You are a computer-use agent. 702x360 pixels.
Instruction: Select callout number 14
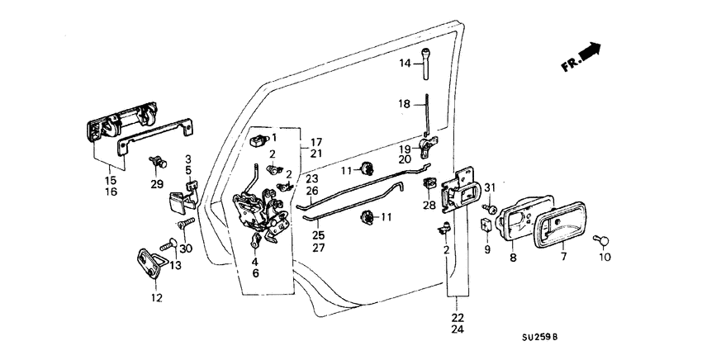click(406, 64)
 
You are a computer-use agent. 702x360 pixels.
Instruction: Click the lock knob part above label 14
click(426, 64)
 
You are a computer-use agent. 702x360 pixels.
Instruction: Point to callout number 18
click(406, 104)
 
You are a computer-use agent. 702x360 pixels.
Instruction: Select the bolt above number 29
click(154, 161)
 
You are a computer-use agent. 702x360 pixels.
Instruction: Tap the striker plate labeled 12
click(151, 263)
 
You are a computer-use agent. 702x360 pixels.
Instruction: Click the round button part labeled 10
click(604, 240)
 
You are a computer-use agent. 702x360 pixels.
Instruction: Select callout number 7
click(564, 258)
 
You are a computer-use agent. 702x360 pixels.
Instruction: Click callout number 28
click(429, 205)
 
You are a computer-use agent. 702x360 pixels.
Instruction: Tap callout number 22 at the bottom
click(457, 316)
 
